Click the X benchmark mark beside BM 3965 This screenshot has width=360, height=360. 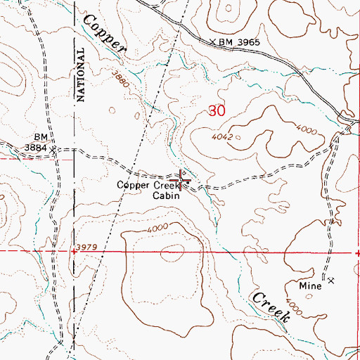pyautogui.click(x=213, y=42)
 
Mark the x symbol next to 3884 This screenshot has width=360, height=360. pyautogui.click(x=59, y=148)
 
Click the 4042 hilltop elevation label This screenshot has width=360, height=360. pyautogui.click(x=221, y=138)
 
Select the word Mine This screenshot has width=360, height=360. pyautogui.click(x=310, y=286)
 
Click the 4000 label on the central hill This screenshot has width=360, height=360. pyautogui.click(x=158, y=228)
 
